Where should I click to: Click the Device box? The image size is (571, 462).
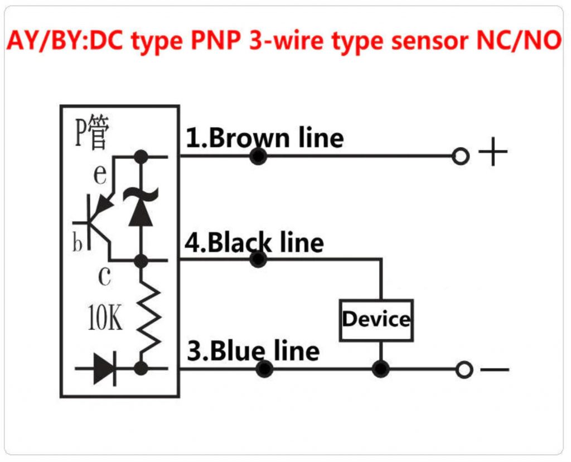376,320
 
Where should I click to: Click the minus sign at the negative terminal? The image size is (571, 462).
494,369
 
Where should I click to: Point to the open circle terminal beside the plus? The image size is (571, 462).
461,156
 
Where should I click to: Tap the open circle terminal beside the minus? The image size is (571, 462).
463,369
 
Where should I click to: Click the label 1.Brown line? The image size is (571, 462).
264,138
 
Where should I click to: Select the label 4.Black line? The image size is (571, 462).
254,243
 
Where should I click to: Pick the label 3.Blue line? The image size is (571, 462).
253,351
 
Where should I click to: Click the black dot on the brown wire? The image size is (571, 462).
258,157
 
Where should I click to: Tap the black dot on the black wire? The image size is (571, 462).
258,259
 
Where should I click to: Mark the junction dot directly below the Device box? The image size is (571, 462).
381,369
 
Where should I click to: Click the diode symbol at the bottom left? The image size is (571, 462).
104,368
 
